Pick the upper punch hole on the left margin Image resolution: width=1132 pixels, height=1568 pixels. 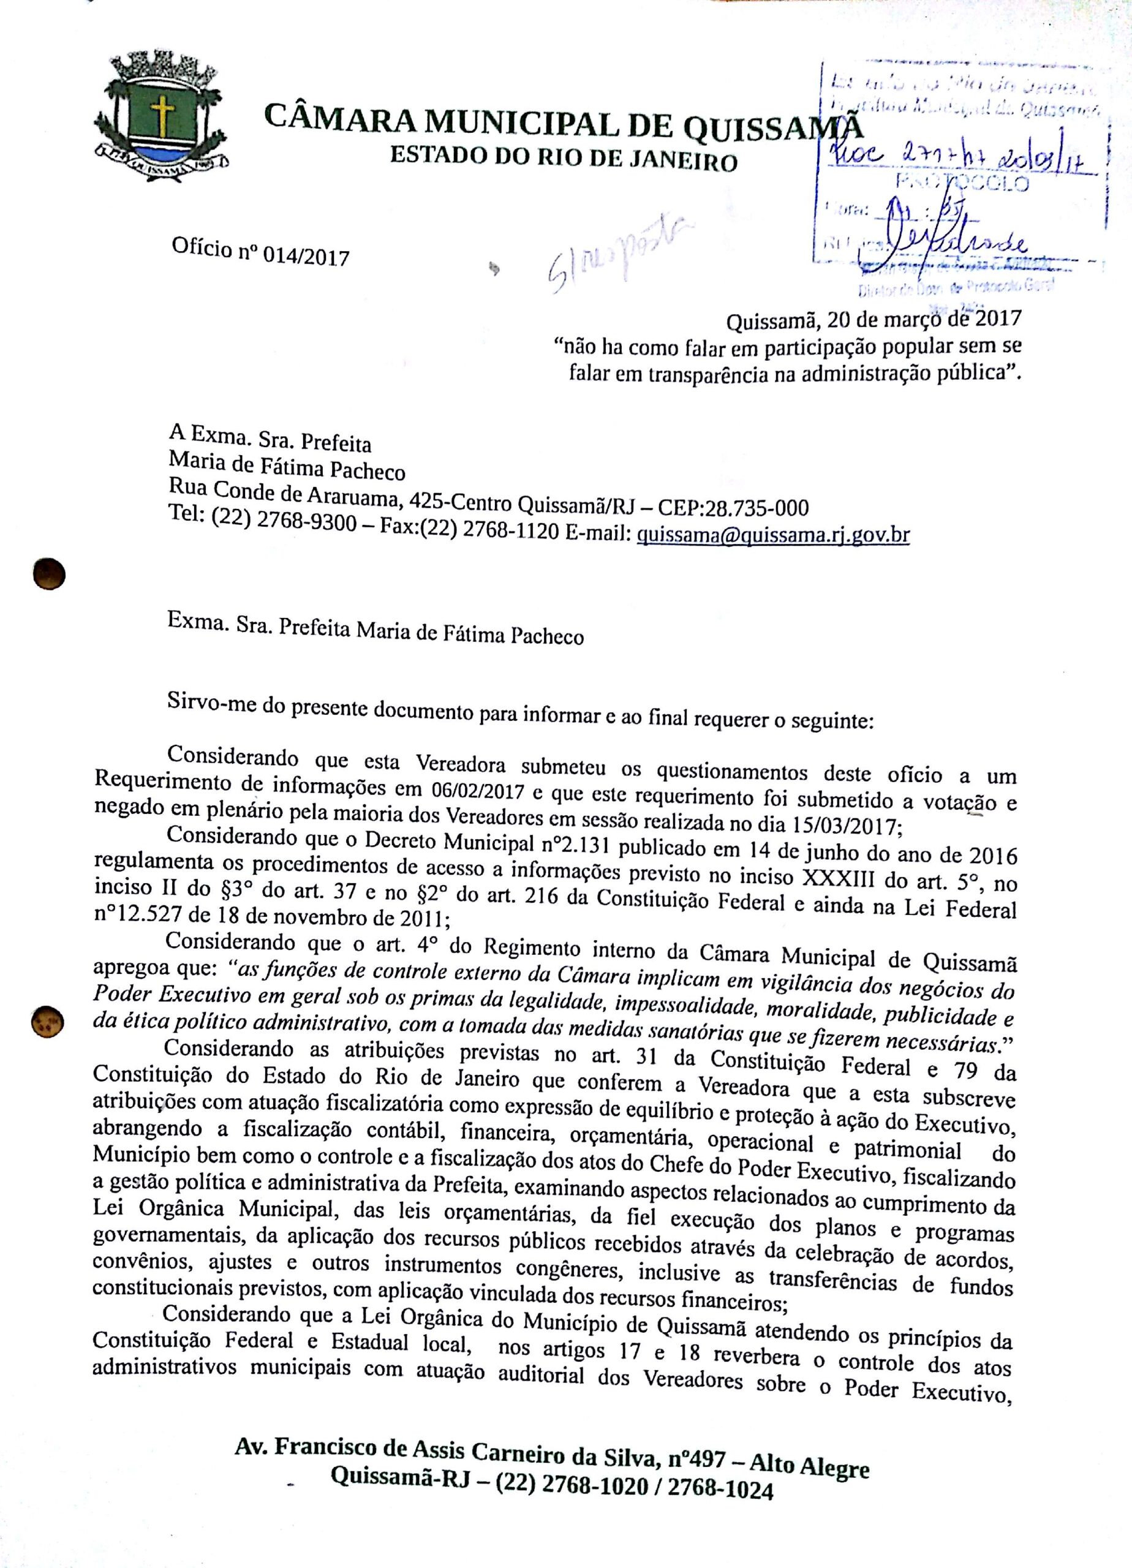click(50, 575)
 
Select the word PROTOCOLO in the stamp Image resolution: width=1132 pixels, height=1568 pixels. click(962, 183)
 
